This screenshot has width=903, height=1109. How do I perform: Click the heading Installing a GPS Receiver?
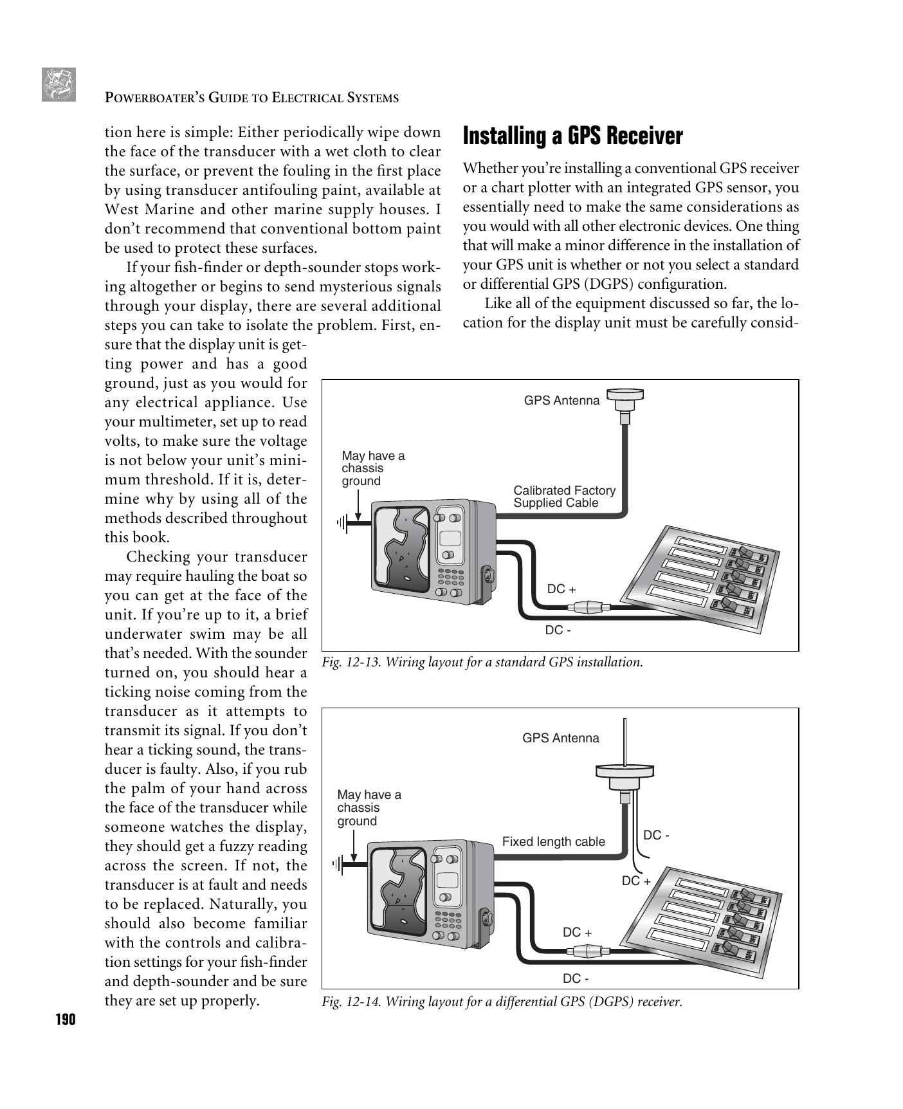point(572,136)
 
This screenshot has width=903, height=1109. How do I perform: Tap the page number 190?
point(65,1020)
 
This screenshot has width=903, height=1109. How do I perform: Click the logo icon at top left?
point(59,84)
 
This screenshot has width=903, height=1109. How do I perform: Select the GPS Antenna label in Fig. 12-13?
point(561,401)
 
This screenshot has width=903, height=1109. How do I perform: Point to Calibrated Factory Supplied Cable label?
point(563,497)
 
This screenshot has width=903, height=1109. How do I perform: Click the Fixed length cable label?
point(553,841)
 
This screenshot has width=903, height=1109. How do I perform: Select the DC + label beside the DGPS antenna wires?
point(635,881)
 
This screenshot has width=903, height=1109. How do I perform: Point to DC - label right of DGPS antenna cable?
point(656,835)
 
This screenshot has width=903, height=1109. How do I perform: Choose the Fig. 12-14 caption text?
point(502,1002)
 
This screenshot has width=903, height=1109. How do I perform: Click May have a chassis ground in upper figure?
point(372,468)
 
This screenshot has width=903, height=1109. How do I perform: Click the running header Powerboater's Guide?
point(251,98)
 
